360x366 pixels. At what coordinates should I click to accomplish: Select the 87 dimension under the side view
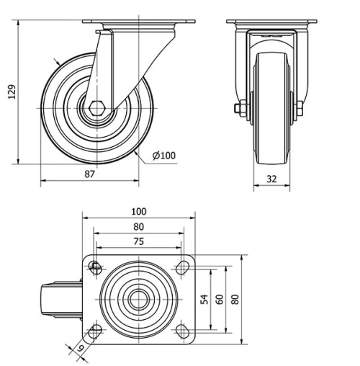(89, 174)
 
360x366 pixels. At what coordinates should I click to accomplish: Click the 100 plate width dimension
(138, 211)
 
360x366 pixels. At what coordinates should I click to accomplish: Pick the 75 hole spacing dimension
(138, 241)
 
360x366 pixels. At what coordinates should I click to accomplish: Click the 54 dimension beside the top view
(204, 299)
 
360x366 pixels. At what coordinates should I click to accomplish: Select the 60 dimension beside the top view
(219, 299)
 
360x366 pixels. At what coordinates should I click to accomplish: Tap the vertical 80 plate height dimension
(235, 299)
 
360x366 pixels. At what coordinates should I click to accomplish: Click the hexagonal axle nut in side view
(97, 109)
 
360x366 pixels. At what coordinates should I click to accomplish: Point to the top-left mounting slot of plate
(95, 269)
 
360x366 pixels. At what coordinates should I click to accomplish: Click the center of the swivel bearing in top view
(138, 300)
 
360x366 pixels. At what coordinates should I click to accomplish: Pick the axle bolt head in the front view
(238, 109)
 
